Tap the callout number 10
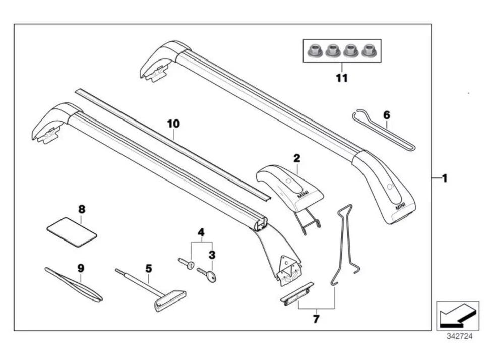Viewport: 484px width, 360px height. tap(173, 124)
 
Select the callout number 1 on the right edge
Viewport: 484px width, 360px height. tap(444, 178)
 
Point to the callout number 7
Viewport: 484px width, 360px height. tap(316, 319)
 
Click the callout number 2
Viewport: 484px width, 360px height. tap(297, 158)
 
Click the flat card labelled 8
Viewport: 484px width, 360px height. tap(72, 231)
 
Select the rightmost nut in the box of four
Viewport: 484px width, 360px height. tap(369, 50)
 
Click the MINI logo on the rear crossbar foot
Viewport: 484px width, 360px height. tap(400, 205)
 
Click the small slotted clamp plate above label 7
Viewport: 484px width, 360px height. tap(297, 293)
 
